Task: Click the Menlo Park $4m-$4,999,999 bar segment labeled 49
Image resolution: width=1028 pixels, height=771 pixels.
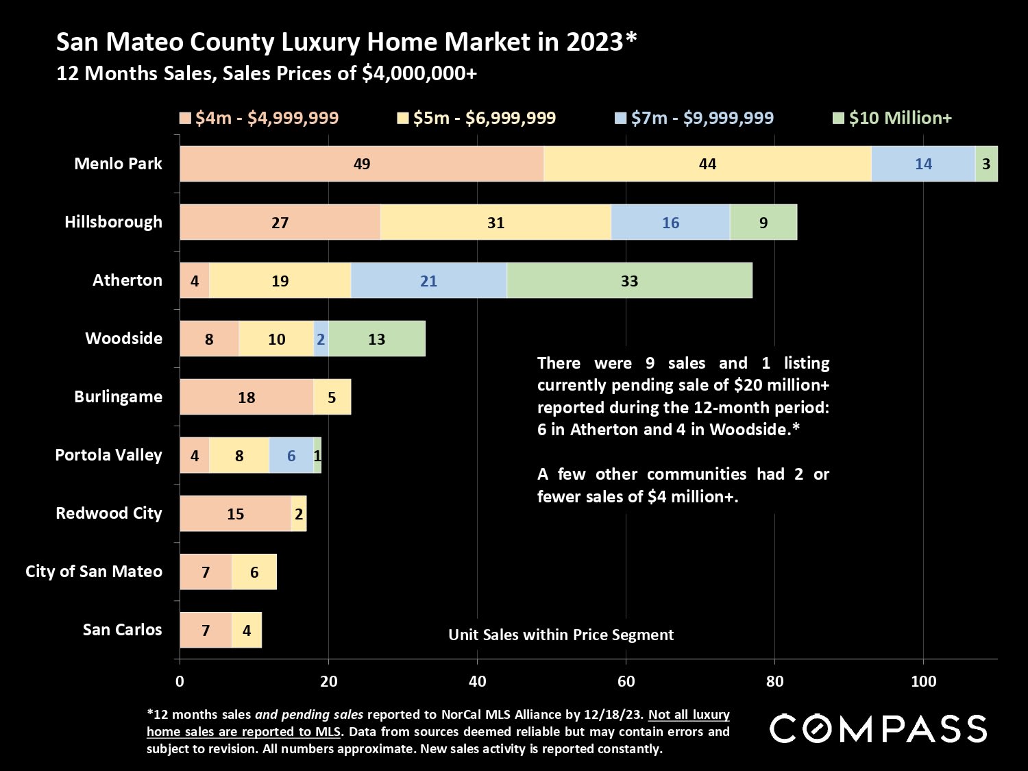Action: click(x=362, y=164)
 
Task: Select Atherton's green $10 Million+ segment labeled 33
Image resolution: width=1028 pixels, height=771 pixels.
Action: click(x=629, y=280)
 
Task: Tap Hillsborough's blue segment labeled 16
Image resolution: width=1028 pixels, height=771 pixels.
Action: click(x=670, y=222)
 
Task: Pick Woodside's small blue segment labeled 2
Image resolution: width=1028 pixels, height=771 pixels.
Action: click(x=321, y=339)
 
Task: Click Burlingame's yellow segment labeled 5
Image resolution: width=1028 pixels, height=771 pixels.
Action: click(x=332, y=397)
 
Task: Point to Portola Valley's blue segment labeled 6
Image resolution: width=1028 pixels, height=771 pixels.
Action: click(x=291, y=455)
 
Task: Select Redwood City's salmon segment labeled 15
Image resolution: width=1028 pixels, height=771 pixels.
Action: click(x=235, y=513)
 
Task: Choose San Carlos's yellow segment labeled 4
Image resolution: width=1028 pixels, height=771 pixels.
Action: click(x=247, y=630)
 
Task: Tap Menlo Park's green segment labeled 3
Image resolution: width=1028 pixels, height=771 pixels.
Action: click(x=986, y=164)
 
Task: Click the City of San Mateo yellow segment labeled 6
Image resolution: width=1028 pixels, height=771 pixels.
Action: click(x=254, y=572)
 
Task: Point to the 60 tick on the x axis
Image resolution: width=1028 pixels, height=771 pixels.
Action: click(x=626, y=681)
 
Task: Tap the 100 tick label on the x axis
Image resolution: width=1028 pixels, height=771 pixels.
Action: click(x=923, y=681)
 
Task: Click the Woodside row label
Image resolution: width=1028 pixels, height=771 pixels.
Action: click(x=123, y=338)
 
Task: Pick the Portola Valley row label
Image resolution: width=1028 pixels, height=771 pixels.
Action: click(x=108, y=455)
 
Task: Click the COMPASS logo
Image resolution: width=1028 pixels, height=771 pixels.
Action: click(x=878, y=728)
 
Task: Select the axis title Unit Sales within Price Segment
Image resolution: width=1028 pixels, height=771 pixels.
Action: click(x=561, y=635)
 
